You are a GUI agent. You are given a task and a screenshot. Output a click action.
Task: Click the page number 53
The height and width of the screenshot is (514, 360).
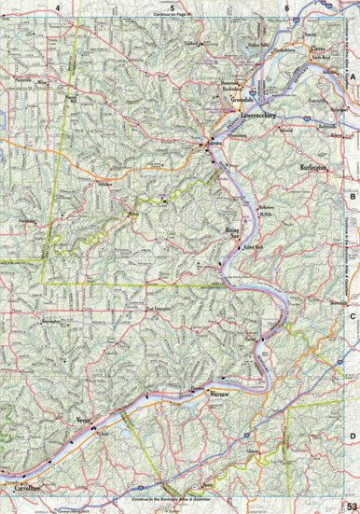[x=351, y=506]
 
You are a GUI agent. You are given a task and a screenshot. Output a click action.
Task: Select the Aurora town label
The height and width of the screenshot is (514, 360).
[x=217, y=147]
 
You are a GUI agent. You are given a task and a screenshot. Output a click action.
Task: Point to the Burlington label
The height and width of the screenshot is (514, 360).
[x=313, y=169]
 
